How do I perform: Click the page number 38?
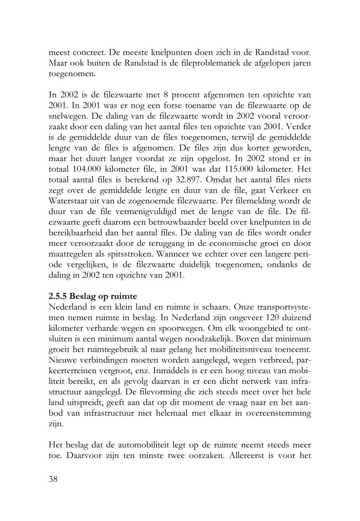54,479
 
